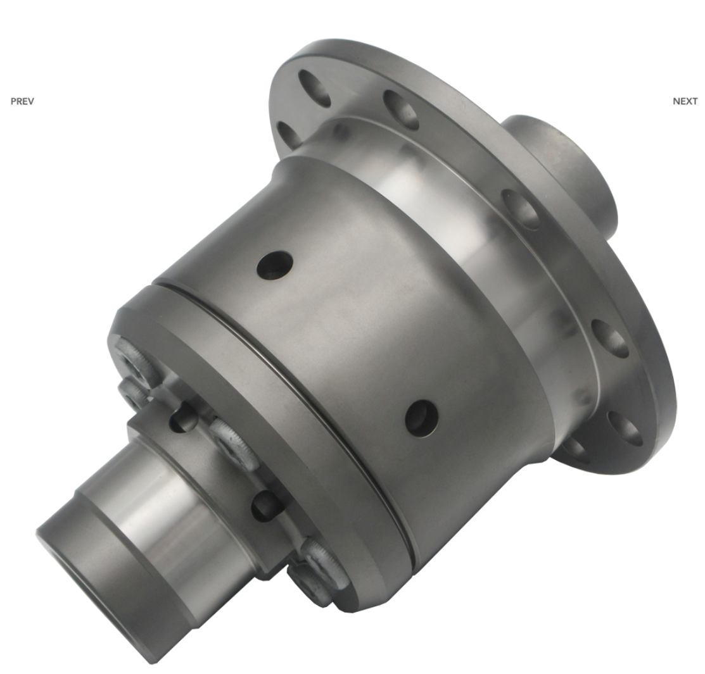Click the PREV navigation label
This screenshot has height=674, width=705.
22,101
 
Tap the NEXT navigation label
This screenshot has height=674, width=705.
685,101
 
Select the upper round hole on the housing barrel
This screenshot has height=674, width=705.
275,266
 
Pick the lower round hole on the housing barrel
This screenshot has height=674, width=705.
421,418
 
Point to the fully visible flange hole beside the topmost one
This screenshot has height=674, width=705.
401,109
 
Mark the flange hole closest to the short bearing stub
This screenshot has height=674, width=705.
520,209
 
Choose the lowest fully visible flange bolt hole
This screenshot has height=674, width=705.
625,428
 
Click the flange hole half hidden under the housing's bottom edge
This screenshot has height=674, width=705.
575,449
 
